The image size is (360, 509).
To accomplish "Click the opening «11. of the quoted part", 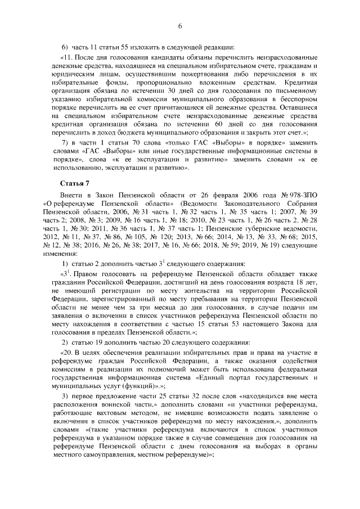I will coord(69,58).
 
